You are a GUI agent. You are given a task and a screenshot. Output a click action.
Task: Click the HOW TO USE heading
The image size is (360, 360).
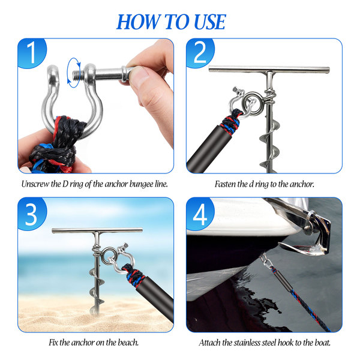click(x=171, y=22)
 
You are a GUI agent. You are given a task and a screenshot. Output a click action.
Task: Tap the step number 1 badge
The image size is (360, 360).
click(x=32, y=53)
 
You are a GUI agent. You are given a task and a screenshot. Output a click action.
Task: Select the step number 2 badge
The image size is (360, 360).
click(x=200, y=53)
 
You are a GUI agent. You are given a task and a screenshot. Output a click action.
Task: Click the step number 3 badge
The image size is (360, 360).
click(x=32, y=214)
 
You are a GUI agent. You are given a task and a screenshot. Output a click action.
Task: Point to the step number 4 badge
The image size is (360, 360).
click(x=200, y=214)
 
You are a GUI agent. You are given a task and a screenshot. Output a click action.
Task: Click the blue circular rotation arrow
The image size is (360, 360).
click(x=74, y=73)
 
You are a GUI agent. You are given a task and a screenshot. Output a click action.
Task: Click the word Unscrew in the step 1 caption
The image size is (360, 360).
click(x=35, y=184)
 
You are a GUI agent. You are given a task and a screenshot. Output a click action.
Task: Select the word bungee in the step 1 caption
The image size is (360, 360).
click(x=140, y=184)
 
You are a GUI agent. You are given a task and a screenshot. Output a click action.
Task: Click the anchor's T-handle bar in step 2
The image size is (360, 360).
click(x=269, y=69)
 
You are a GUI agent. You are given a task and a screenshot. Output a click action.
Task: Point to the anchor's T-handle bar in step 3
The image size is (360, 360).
click(x=97, y=230)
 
